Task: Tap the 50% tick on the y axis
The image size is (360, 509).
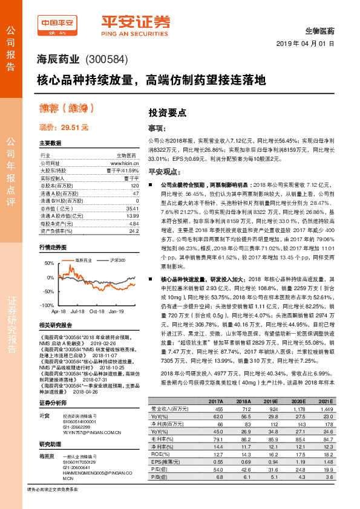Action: [48, 264]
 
